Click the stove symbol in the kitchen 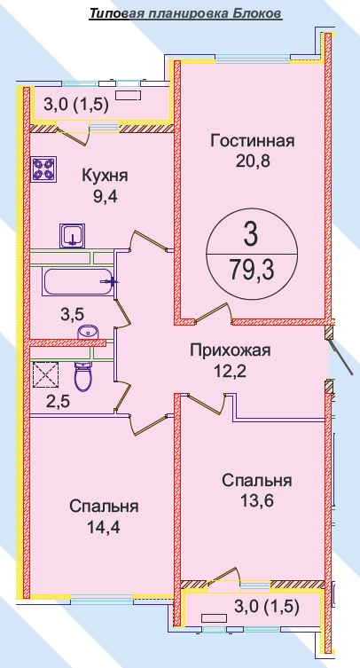[44, 169]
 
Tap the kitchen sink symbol [73, 236]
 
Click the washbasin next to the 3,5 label [88, 332]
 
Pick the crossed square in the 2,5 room [45, 374]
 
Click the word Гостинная [253, 140]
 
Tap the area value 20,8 [253, 161]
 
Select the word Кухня [105, 176]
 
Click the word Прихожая [231, 350]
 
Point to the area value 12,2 [231, 371]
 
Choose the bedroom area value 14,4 [104, 527]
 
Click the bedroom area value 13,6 [256, 500]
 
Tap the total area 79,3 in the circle [251, 270]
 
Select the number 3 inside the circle [251, 235]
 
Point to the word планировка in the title [187, 14]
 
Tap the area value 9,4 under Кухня [105, 196]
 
